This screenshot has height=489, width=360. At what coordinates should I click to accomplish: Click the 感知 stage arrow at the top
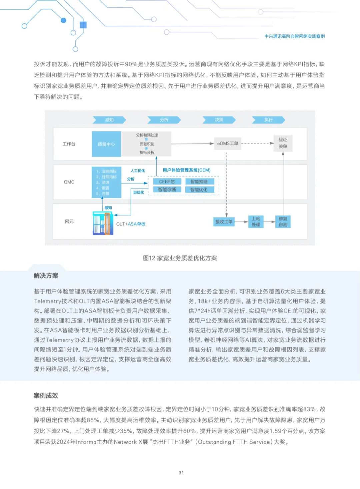point(109,120)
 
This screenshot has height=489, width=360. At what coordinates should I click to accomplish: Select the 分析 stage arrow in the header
point(164,120)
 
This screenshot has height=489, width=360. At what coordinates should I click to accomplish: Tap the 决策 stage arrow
point(219,120)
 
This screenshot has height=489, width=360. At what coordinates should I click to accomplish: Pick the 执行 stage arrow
point(268,120)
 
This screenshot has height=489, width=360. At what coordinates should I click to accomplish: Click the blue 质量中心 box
point(106,144)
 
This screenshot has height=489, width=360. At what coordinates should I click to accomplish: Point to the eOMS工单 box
point(228,143)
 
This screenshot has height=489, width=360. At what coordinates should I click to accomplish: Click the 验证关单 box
point(283,143)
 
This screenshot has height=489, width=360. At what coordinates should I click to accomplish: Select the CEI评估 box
point(167,181)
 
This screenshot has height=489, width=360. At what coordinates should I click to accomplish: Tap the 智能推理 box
point(199,181)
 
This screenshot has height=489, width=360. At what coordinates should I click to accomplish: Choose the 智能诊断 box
point(167,189)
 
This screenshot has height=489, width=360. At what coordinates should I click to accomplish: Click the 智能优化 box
point(199,189)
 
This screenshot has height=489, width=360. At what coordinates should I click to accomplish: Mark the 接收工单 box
point(224,221)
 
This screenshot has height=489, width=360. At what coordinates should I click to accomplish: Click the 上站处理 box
point(256,221)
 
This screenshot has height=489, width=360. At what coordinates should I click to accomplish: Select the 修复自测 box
point(283,221)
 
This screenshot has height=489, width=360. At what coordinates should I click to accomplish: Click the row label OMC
point(69,182)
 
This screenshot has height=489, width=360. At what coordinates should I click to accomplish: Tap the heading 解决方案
point(46,276)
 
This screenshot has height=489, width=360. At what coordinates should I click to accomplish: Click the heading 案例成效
point(46,396)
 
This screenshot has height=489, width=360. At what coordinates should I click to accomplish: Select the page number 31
point(181,473)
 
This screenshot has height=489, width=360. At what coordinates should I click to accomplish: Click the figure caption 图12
point(180,258)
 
